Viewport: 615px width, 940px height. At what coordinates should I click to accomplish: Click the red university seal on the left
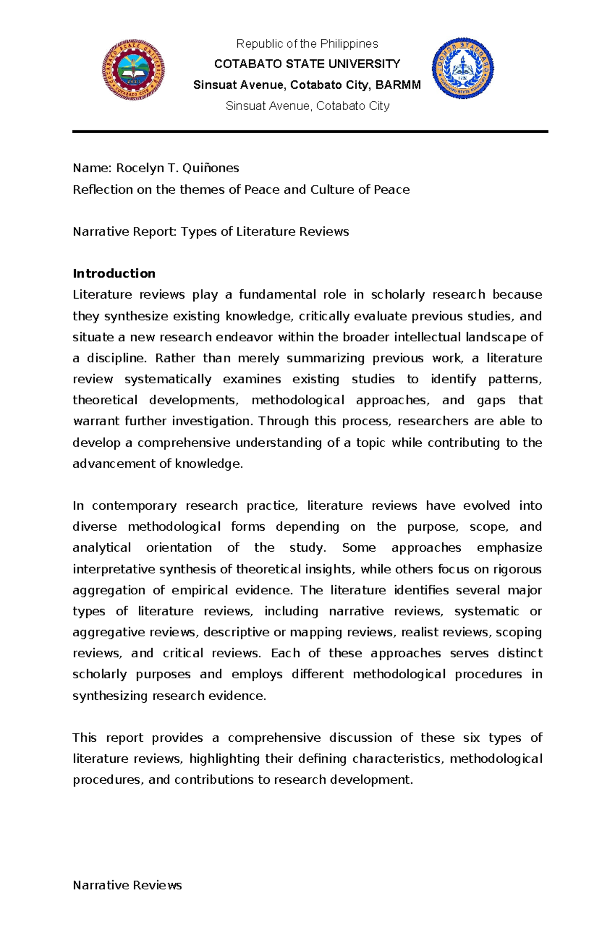[x=134, y=69]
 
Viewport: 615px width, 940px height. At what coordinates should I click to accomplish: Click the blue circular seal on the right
[x=463, y=68]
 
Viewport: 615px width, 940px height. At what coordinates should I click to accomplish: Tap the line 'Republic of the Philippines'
[x=307, y=44]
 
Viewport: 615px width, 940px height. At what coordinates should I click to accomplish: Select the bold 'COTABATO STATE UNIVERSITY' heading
[x=307, y=64]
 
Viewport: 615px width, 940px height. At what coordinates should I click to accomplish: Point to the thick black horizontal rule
[x=310, y=132]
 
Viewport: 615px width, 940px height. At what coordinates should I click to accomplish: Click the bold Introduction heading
[x=114, y=274]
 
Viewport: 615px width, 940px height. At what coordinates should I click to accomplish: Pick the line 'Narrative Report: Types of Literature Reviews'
[x=211, y=232]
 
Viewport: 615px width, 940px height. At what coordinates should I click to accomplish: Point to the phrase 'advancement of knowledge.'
[x=157, y=464]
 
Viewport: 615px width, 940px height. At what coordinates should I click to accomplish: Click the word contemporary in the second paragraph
[x=134, y=506]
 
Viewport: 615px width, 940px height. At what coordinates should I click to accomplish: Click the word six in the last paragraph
[x=471, y=738]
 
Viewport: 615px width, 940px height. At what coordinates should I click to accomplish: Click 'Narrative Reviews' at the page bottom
[x=127, y=885]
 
